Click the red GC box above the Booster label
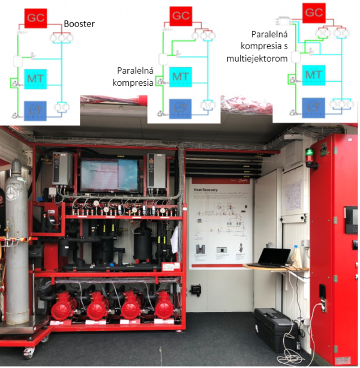point(35,19)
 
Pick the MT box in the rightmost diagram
point(313,74)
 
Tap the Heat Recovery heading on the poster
point(205,187)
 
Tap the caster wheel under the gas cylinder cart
point(28,353)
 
